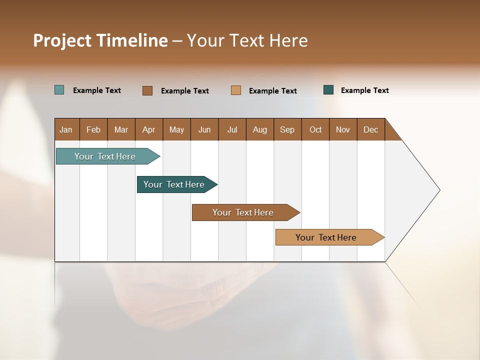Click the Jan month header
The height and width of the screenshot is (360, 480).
[66, 129]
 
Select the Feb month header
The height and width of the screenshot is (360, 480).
[93, 129]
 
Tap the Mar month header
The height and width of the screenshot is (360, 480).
[121, 129]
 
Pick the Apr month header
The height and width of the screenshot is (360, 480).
[149, 129]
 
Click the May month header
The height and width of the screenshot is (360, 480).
[176, 129]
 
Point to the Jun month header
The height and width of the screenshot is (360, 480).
[204, 129]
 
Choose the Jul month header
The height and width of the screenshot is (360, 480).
[232, 129]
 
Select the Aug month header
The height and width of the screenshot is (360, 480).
[260, 129]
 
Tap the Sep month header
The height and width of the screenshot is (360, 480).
[287, 129]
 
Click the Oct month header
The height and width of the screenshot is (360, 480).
[315, 129]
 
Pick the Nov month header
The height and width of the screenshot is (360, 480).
[343, 129]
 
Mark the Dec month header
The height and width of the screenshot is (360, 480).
[371, 129]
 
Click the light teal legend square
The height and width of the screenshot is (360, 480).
[59, 90]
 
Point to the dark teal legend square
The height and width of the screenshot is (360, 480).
[328, 90]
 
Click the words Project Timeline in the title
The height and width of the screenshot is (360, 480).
[100, 40]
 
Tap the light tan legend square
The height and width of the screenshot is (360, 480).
[236, 90]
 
